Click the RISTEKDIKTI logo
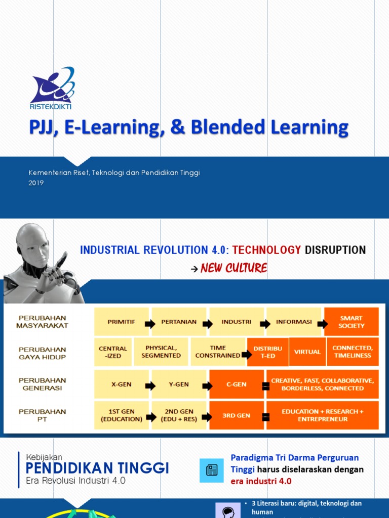52,89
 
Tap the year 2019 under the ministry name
36,183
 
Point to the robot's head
33,245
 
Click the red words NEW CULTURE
234,268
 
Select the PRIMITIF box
122,322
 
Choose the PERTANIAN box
179,322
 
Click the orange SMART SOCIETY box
352,322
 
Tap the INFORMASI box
293,322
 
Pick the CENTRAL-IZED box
113,352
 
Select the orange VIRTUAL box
307,352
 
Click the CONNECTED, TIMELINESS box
353,352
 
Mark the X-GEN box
122,384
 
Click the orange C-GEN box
237,384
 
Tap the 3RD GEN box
237,415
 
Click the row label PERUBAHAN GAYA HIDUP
43,353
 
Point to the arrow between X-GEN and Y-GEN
150,386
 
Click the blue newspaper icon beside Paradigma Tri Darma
212,470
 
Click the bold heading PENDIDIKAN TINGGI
97,468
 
